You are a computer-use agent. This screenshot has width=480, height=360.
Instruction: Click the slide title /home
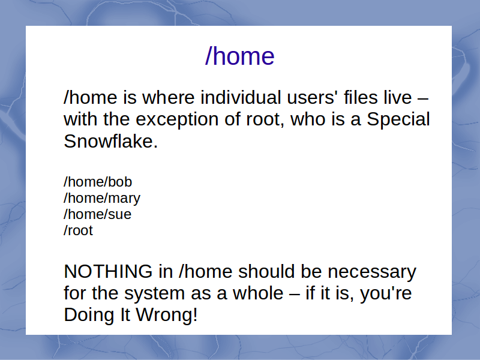pos(239,56)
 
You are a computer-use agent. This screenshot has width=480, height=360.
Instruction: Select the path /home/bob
pos(98,182)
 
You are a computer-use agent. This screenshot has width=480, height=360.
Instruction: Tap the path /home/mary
pos(102,199)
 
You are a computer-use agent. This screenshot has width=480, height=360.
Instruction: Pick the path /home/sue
pos(97,214)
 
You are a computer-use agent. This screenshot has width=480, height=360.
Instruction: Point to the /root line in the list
pos(78,230)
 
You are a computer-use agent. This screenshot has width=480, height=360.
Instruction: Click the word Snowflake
pos(110,141)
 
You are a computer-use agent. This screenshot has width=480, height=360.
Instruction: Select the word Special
pos(398,119)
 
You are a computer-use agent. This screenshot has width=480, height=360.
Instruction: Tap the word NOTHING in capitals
pos(108,272)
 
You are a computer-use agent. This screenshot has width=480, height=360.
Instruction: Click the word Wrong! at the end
pos(167,314)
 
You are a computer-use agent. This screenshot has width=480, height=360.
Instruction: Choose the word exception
pos(177,119)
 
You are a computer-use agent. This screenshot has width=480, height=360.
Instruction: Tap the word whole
pos(258,293)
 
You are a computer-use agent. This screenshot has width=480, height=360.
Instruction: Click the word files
pos(361,97)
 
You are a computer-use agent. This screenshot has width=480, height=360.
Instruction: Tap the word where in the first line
pos(169,97)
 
